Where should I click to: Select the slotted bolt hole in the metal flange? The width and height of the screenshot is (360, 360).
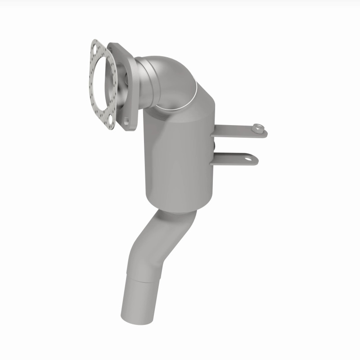pos(128,120)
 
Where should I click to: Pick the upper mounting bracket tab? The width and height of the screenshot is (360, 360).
pos(238,131)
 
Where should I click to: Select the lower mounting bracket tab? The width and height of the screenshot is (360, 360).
pos(236,158)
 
